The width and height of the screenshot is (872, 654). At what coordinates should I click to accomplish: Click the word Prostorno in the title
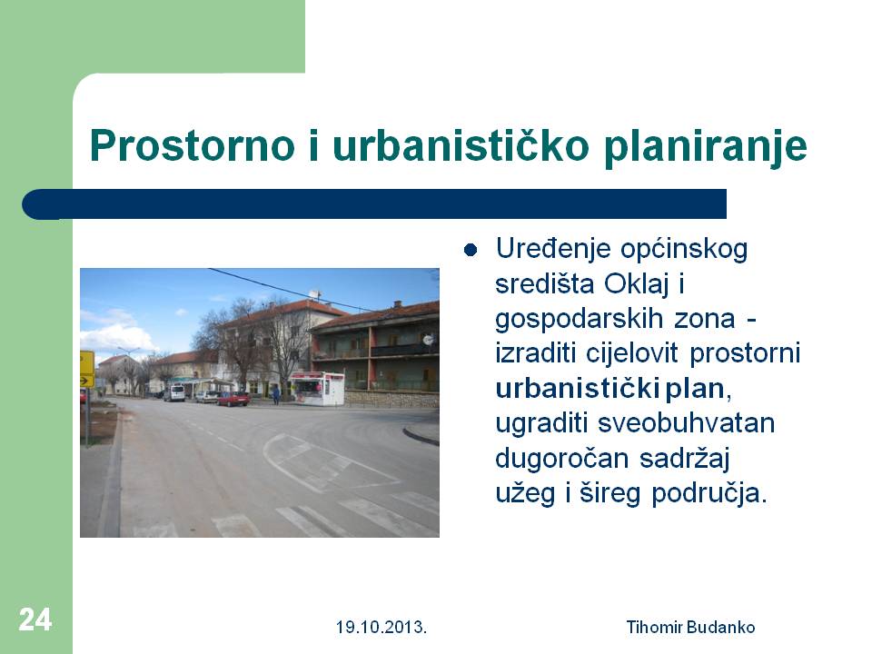pyautogui.click(x=192, y=145)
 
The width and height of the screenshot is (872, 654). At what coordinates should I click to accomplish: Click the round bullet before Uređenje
pyautogui.click(x=471, y=251)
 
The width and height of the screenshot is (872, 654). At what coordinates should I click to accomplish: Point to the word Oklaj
pyautogui.click(x=636, y=284)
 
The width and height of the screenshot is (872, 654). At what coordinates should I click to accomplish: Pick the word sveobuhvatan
pyautogui.click(x=686, y=423)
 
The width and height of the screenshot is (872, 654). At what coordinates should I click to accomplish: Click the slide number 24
pyautogui.click(x=35, y=619)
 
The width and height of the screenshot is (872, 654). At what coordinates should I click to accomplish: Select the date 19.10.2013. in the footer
pyautogui.click(x=381, y=628)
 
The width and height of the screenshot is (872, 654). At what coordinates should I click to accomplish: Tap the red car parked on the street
pyautogui.click(x=233, y=399)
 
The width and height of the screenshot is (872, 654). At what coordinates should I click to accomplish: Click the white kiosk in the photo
pyautogui.click(x=316, y=388)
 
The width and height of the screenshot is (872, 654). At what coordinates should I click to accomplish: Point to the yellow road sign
pyautogui.click(x=87, y=369)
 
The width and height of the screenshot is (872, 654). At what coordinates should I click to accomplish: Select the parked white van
pyautogui.click(x=174, y=392)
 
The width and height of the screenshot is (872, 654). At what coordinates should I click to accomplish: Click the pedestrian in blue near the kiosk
pyautogui.click(x=276, y=394)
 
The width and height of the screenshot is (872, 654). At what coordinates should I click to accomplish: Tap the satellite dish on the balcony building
pyautogui.click(x=428, y=338)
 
